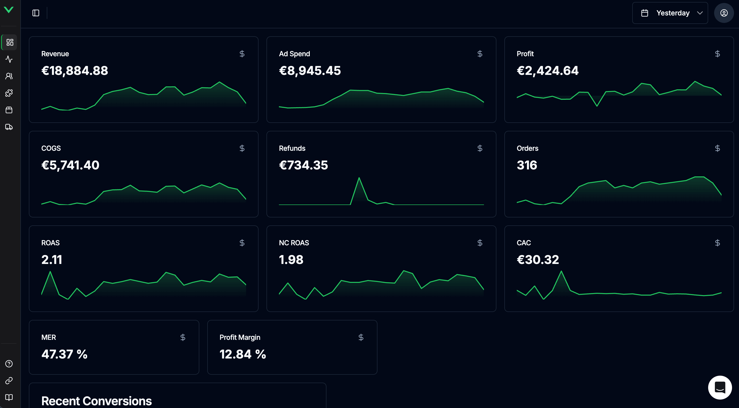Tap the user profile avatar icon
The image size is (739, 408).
(724, 13)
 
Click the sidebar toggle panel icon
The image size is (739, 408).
(36, 13)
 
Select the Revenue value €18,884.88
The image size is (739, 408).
(75, 71)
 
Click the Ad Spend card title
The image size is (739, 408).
(294, 54)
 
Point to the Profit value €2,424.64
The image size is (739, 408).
(547, 71)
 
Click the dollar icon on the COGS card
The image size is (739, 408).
(242, 148)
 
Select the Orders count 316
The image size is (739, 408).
(527, 165)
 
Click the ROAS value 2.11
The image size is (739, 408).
(52, 260)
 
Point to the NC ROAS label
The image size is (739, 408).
(294, 243)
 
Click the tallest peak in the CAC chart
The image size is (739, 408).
(561, 271)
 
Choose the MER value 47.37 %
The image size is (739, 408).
(64, 354)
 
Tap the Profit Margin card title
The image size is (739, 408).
(240, 337)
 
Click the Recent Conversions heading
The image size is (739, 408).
(96, 401)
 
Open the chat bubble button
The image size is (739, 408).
(720, 387)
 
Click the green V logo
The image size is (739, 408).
(9, 10)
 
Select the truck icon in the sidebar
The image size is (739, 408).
(9, 127)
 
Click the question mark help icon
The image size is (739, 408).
(9, 363)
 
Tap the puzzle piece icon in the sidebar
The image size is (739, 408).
(9, 93)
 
